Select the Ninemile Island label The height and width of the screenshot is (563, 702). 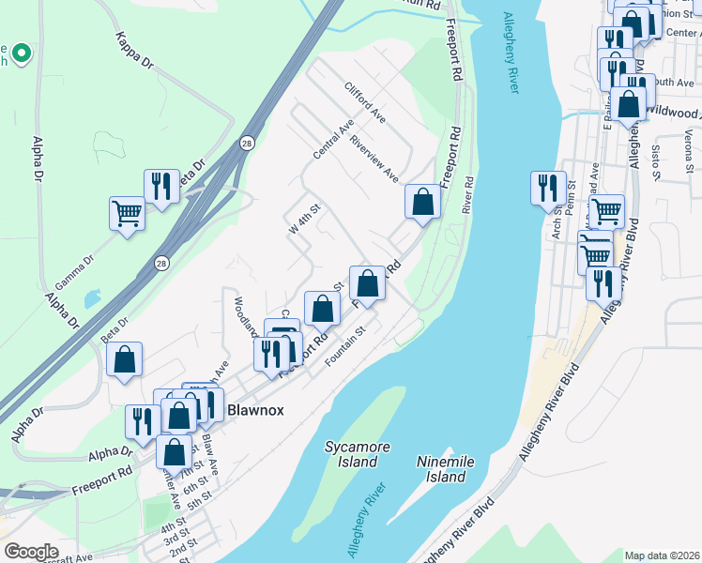coord(441,469)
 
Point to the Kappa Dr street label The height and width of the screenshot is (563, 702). coord(134,51)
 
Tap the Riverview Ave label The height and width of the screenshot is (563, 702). coord(374,159)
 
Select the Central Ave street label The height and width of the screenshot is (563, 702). coord(333,138)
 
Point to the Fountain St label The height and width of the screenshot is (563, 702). coord(343,343)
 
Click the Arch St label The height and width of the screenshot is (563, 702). coord(557,221)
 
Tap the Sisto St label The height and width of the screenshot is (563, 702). coord(656,156)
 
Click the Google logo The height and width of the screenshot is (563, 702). coord(31,552)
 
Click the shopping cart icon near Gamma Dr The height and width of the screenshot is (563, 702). coord(127,212)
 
